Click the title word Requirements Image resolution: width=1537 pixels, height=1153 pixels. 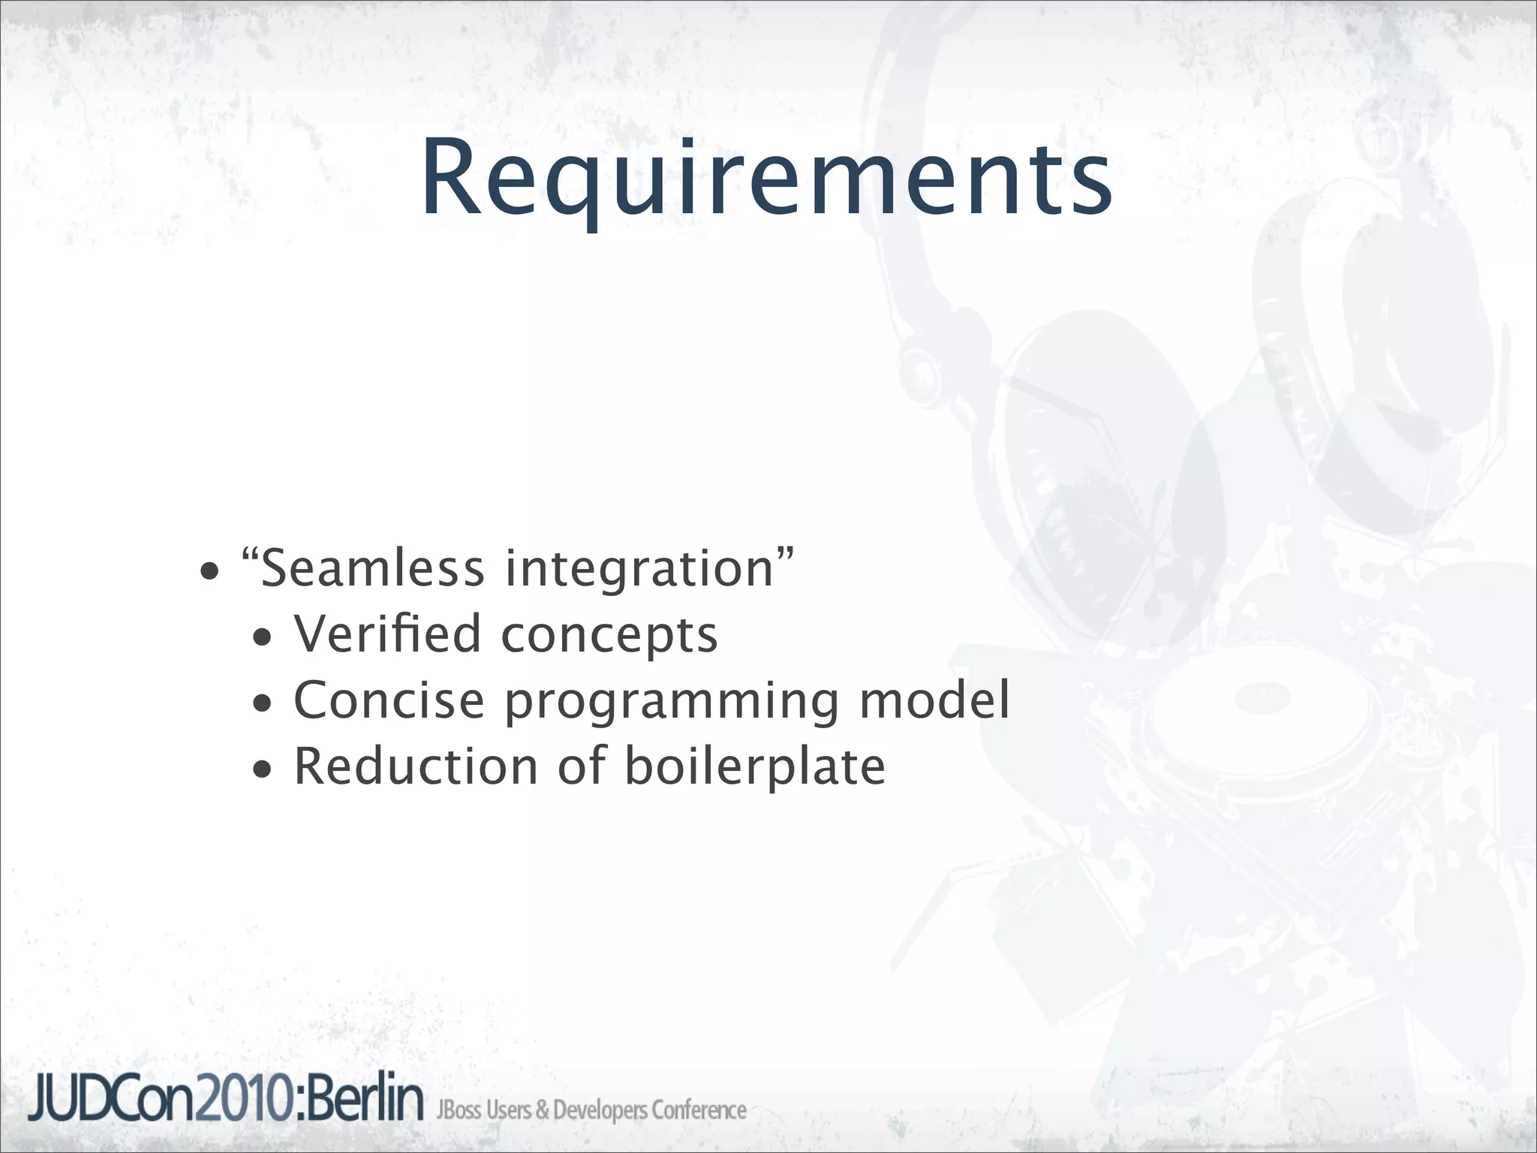coord(765,180)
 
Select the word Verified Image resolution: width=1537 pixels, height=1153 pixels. coord(387,634)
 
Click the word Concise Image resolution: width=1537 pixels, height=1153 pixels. coord(389,700)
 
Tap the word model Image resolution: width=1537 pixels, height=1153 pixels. coord(934,700)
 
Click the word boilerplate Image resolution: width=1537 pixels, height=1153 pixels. coord(755,768)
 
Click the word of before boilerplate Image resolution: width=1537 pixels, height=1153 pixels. coord(581,766)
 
